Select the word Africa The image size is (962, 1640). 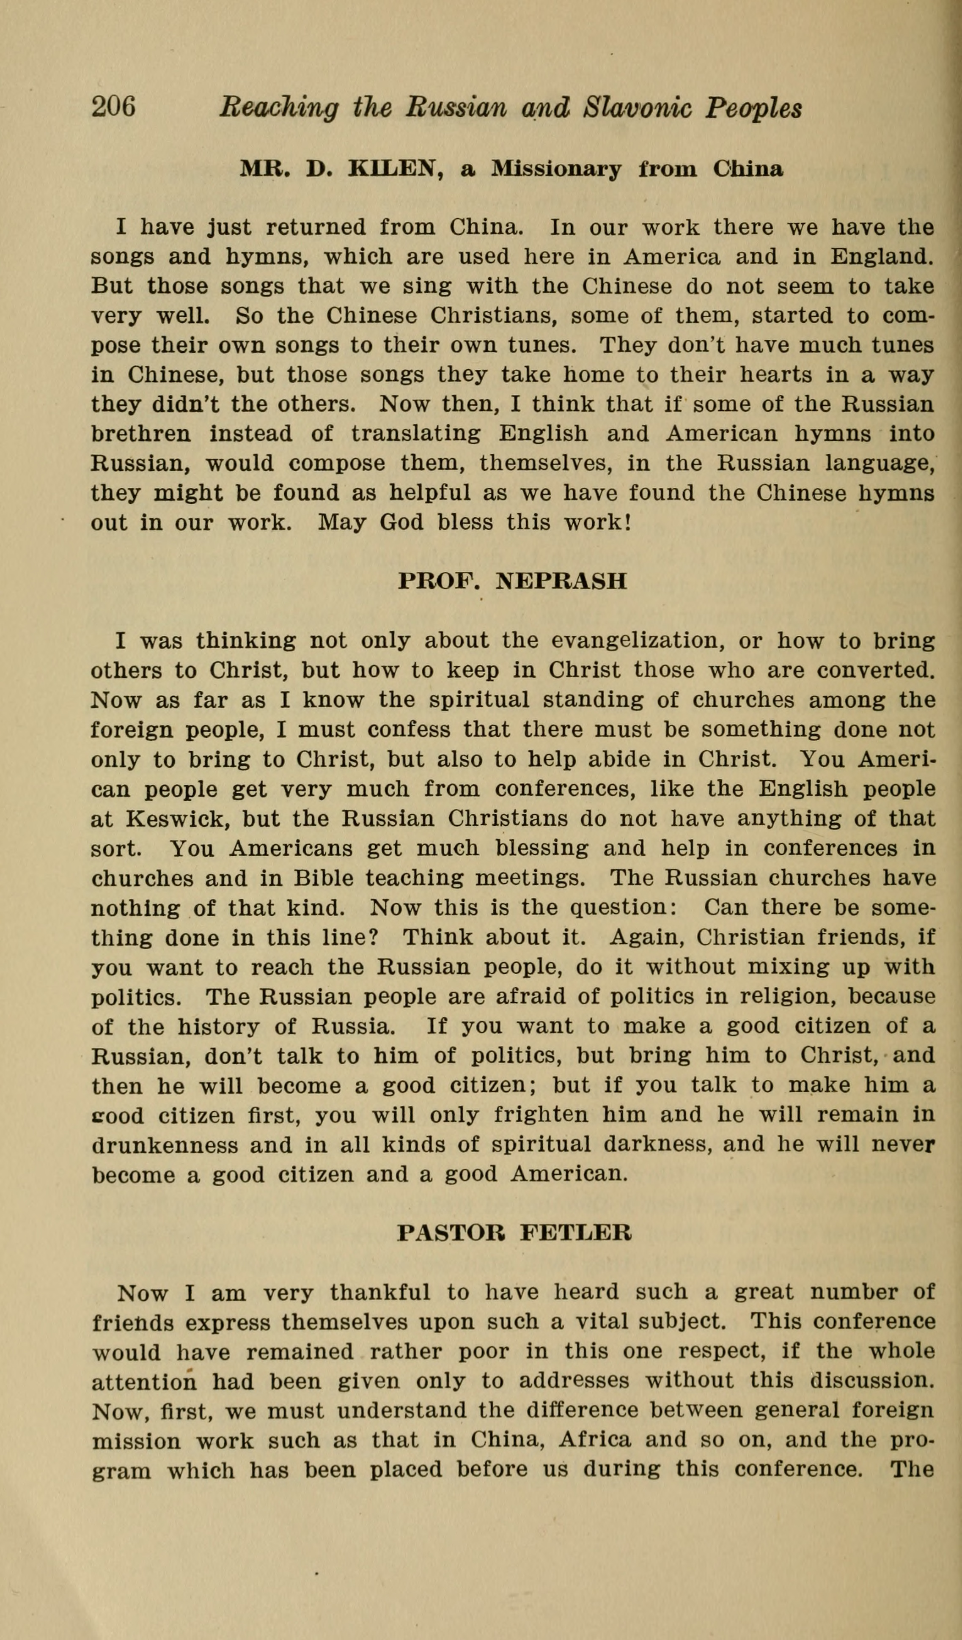click(x=594, y=1441)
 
